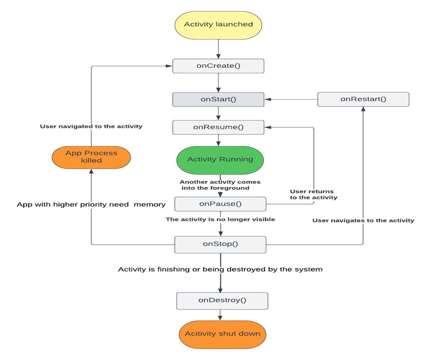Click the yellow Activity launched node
click(x=218, y=24)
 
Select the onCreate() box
click(x=218, y=66)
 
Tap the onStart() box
click(x=218, y=99)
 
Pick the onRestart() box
click(x=363, y=99)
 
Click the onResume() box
click(x=218, y=127)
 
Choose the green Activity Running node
click(x=220, y=160)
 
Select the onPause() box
click(x=220, y=203)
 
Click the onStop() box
click(x=220, y=243)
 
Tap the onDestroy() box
click(x=222, y=300)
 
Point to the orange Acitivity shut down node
click(x=222, y=334)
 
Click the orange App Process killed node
click(x=91, y=157)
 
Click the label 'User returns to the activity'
click(x=313, y=194)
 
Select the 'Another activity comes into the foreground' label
click(x=220, y=185)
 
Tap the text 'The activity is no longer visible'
click(x=220, y=219)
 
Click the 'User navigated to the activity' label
click(x=91, y=126)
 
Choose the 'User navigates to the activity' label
click(x=363, y=220)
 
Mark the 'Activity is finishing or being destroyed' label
click(x=220, y=269)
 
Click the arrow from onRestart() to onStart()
click(x=291, y=99)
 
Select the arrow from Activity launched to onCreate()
click(x=218, y=49)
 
